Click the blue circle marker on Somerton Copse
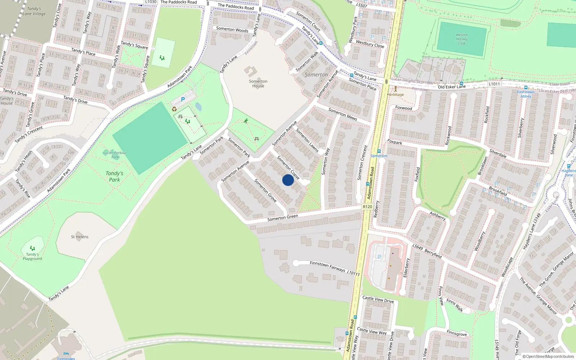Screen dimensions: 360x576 (x=288, y=180)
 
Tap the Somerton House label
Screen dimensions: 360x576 (x=258, y=84)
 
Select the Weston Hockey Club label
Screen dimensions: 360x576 (x=462, y=39)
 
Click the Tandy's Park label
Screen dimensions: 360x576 (x=114, y=176)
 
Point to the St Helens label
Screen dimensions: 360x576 (x=80, y=237)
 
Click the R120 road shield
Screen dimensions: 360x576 (x=367, y=207)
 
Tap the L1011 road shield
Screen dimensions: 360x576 (x=494, y=84)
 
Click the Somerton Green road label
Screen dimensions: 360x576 (x=283, y=218)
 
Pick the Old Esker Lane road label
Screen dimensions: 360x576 (x=451, y=87)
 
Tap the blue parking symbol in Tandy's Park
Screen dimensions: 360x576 (x=183, y=99)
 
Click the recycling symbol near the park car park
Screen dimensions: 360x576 (x=174, y=109)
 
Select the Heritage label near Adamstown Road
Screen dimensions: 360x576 (x=395, y=95)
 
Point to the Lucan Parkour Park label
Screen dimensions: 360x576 (x=115, y=155)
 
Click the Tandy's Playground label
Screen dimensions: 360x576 (x=32, y=256)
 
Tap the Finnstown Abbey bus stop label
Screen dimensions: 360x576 (x=526, y=94)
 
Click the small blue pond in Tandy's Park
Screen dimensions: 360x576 (x=198, y=107)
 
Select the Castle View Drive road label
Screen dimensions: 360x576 (x=378, y=299)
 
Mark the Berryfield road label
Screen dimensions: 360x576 (x=433, y=253)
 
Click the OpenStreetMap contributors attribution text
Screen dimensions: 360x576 (x=548, y=356)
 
